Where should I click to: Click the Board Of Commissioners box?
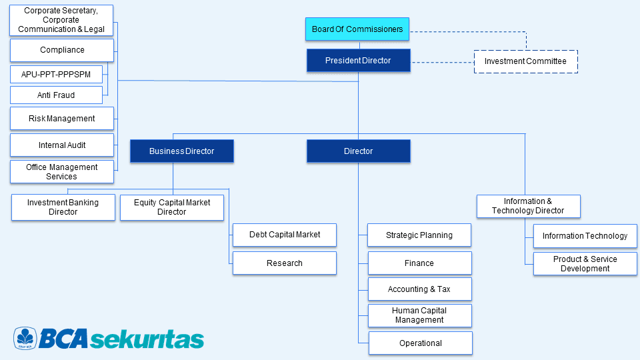click(x=358, y=29)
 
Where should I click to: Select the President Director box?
click(x=358, y=61)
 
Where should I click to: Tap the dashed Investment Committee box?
click(x=525, y=61)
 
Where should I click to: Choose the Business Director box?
click(x=182, y=151)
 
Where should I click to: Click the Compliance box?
click(x=62, y=50)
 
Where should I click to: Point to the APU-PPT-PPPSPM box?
click(x=56, y=74)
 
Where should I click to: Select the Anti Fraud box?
click(x=56, y=95)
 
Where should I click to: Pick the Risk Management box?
click(x=62, y=119)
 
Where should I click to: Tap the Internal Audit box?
click(x=62, y=145)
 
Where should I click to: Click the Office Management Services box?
click(x=62, y=172)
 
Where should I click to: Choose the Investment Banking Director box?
click(x=63, y=207)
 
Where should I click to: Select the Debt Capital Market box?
click(x=285, y=235)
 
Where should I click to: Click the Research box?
click(x=285, y=263)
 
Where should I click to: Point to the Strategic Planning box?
click(x=419, y=235)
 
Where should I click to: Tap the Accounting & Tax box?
click(x=419, y=289)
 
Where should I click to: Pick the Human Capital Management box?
click(x=419, y=315)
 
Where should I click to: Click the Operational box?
click(x=421, y=343)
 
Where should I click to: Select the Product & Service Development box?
click(x=585, y=264)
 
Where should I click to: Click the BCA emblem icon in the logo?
click(x=25, y=339)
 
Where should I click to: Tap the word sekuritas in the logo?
click(x=147, y=339)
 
